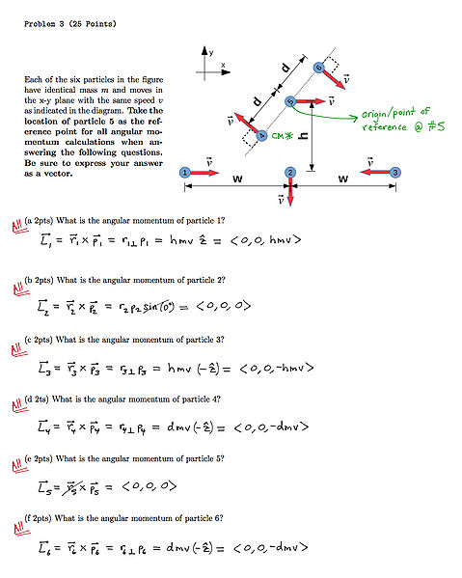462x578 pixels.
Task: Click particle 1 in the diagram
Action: tap(184, 172)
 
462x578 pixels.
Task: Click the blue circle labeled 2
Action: tap(289, 172)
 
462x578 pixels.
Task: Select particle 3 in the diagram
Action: tap(395, 172)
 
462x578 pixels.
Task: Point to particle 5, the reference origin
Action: tap(289, 100)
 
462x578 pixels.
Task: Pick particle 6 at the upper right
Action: tap(318, 67)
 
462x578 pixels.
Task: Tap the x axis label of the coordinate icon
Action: tap(223, 66)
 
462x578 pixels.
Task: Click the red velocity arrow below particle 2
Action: tap(289, 191)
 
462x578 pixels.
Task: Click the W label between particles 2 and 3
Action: tap(342, 179)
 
